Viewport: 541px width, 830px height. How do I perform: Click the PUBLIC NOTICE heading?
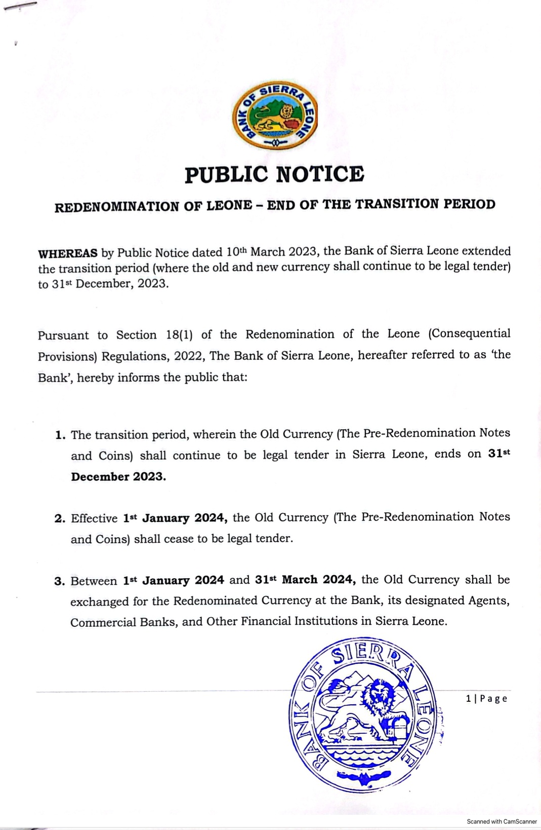(274, 174)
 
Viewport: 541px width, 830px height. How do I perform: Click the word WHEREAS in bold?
(68, 253)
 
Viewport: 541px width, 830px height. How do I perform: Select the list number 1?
(60, 435)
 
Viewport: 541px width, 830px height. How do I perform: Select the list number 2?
(60, 519)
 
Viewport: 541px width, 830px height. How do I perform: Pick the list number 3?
(60, 581)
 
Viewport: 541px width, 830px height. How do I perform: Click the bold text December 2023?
(118, 477)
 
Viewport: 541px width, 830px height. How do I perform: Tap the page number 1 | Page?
(486, 699)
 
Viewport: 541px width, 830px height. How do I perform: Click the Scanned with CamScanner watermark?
(502, 821)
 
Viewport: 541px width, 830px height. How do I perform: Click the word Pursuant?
(63, 335)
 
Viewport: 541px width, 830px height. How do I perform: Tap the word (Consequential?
(469, 333)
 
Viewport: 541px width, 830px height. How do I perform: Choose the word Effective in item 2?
(94, 518)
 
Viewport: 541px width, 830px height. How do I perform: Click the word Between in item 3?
(94, 581)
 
